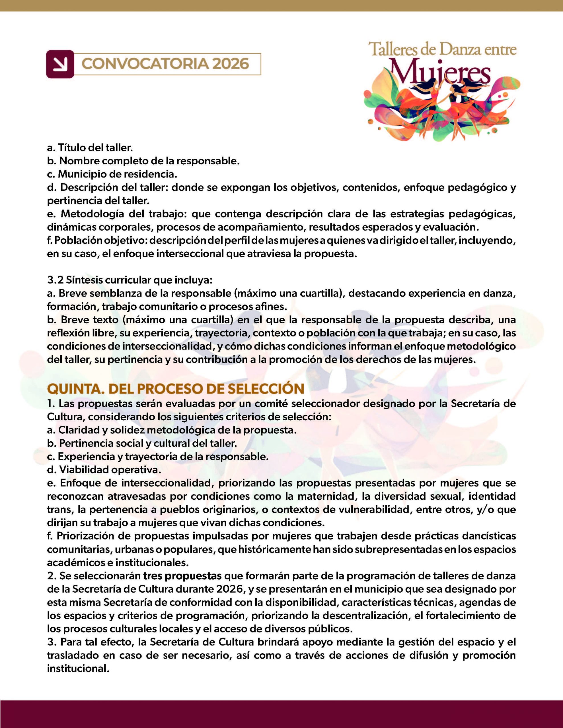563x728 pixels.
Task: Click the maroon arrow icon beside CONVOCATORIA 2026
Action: point(60,64)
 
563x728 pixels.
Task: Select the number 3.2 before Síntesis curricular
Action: point(54,280)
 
